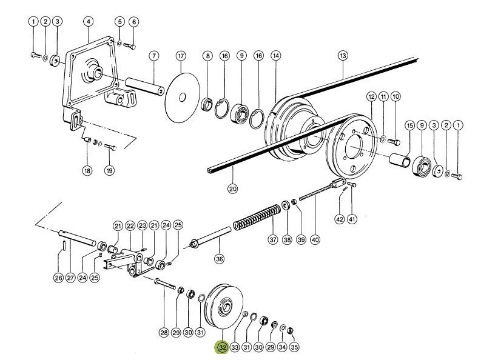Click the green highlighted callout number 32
[x=223, y=347]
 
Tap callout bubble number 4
[x=88, y=22]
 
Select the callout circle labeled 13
[x=343, y=56]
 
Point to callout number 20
[x=232, y=189]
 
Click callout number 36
[x=220, y=259]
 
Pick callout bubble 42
[x=340, y=219]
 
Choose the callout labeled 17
[x=181, y=56]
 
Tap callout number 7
[x=154, y=56]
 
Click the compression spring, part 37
[x=257, y=218]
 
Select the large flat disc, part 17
[x=183, y=98]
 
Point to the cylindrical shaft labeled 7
[x=144, y=87]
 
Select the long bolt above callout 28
[x=165, y=284]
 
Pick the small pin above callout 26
[x=64, y=246]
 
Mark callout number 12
[x=371, y=97]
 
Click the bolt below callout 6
[x=129, y=46]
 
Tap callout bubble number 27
[x=70, y=278]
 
